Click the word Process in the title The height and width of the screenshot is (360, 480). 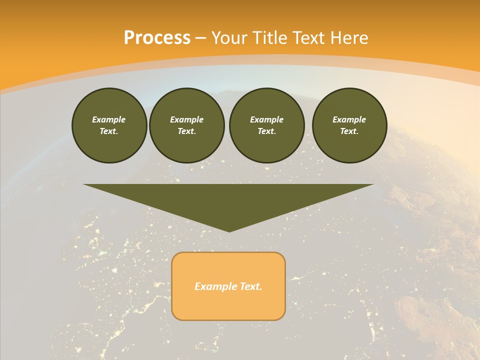tap(157, 38)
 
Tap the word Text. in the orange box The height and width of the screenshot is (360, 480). tap(250, 286)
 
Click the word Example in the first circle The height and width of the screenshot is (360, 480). tap(109, 119)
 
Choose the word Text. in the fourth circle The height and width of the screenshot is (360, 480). tap(349, 131)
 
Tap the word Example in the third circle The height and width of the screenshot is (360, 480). tap(266, 119)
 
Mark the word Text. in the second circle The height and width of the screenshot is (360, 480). tap(186, 131)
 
